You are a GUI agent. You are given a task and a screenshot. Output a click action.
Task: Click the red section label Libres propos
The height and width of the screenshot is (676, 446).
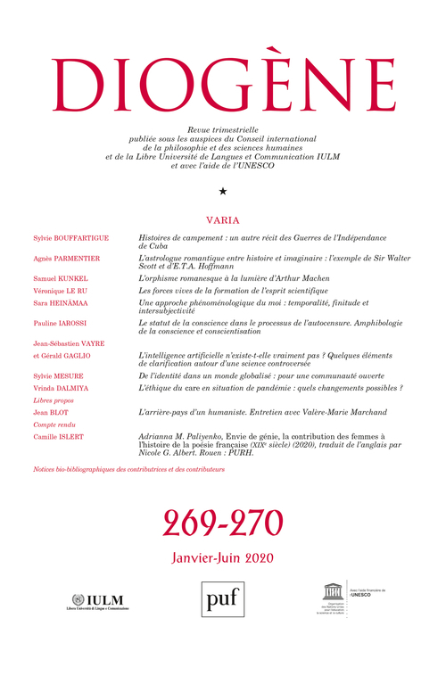click(51, 401)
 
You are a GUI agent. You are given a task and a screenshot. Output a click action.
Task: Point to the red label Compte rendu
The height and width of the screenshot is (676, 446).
click(53, 425)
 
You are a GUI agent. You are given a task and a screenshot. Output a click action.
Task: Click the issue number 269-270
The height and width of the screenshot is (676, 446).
click(223, 521)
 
